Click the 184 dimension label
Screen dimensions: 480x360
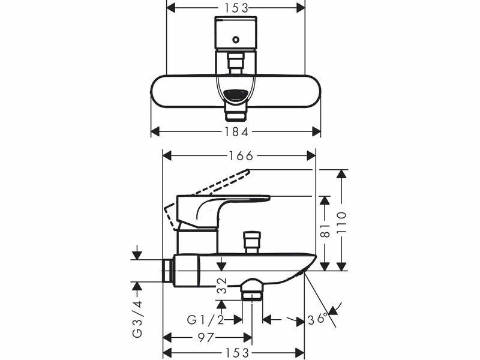pos(236,132)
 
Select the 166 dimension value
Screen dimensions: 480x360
pos(241,156)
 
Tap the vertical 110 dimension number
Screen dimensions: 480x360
pos(341,223)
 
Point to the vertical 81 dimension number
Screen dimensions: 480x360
pos(325,230)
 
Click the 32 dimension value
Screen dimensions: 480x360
pos(222,286)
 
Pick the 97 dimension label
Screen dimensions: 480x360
pos(205,338)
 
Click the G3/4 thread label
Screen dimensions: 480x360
pos(138,319)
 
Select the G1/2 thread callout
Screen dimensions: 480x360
pos(205,320)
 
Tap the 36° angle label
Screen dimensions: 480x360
pos(318,319)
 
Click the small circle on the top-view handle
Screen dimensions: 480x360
pos(236,40)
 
